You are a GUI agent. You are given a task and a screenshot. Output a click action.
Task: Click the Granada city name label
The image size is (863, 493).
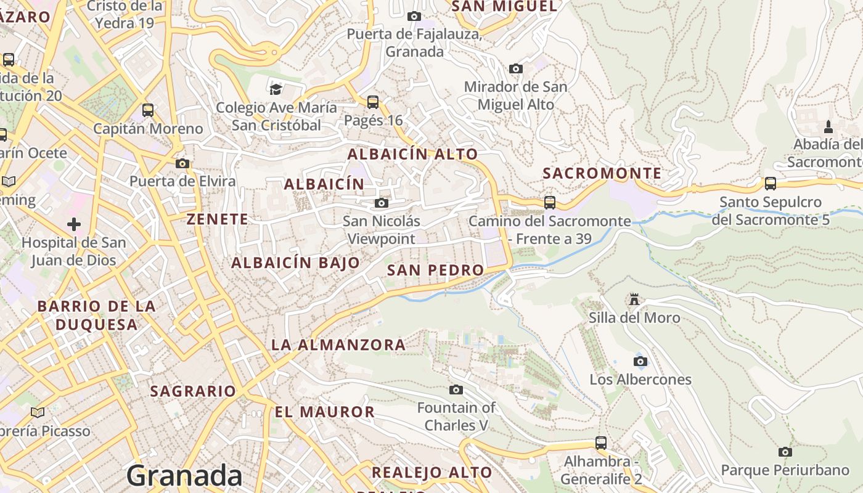click(x=184, y=476)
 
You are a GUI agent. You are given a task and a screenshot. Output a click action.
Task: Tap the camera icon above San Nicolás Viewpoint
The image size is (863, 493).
click(x=382, y=203)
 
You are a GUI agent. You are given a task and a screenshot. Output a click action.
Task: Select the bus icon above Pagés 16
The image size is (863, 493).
click(x=373, y=102)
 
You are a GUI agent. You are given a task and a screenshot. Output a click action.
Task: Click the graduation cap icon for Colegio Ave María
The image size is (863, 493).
click(x=276, y=89)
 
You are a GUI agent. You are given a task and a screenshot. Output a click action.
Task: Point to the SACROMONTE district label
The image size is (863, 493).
click(x=602, y=174)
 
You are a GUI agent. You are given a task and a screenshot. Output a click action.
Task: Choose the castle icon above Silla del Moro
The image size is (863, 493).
click(x=634, y=299)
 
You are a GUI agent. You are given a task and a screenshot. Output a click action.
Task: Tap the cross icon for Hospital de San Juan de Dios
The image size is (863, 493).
click(x=74, y=224)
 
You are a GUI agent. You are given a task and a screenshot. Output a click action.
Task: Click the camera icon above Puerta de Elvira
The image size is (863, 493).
click(x=182, y=163)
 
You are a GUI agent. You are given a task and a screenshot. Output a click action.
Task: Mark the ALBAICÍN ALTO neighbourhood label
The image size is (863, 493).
click(x=412, y=154)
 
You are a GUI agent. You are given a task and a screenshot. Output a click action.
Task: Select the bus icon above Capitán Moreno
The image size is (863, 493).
click(x=148, y=110)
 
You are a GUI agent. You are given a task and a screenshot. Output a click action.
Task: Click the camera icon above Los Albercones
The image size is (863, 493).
click(x=640, y=361)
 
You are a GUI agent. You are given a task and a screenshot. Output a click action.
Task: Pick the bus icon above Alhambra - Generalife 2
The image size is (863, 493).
click(x=601, y=442)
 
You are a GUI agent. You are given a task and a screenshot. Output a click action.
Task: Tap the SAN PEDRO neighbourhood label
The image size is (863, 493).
click(x=435, y=270)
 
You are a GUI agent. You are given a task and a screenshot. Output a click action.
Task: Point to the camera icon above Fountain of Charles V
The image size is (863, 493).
click(x=456, y=389)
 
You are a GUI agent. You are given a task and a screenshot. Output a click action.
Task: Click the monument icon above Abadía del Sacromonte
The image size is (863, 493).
click(x=828, y=127)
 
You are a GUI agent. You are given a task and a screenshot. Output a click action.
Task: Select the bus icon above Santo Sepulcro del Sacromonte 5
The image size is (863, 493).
click(x=771, y=183)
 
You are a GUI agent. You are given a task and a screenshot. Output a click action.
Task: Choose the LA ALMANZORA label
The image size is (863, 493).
click(x=338, y=345)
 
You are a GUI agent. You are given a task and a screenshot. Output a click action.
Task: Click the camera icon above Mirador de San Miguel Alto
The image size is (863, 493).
click(x=516, y=68)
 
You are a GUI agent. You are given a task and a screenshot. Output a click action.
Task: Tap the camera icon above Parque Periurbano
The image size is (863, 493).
click(x=785, y=452)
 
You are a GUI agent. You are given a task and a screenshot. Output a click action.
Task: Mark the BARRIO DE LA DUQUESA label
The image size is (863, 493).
click(x=96, y=315)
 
